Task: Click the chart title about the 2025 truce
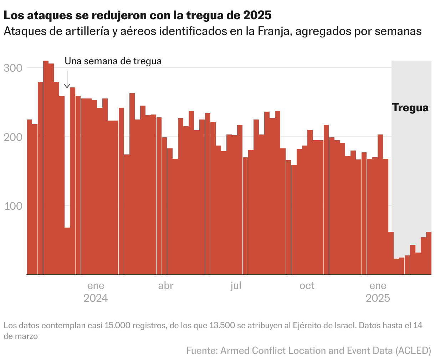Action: pyautogui.click(x=137, y=16)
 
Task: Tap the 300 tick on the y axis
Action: pyautogui.click(x=13, y=68)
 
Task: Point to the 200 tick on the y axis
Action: pyautogui.click(x=13, y=137)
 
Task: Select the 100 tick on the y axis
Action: pyautogui.click(x=13, y=206)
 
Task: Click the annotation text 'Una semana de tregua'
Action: pyautogui.click(x=113, y=61)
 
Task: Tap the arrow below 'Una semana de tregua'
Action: pyautogui.click(x=67, y=79)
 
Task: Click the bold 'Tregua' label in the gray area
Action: pyautogui.click(x=410, y=108)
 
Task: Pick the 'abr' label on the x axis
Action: pyautogui.click(x=166, y=285)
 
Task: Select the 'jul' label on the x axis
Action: pyautogui.click(x=236, y=285)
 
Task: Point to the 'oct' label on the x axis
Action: pyautogui.click(x=307, y=285)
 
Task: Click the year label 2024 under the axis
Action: pyautogui.click(x=96, y=298)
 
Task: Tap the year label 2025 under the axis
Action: pyautogui.click(x=378, y=298)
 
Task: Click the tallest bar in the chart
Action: pyautogui.click(x=46, y=168)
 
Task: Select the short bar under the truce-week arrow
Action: pyautogui.click(x=67, y=251)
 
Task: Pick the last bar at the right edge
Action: pyautogui.click(x=429, y=253)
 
